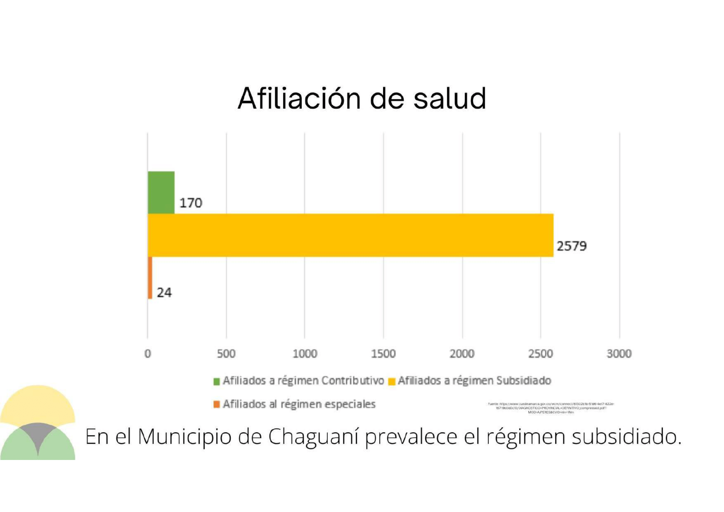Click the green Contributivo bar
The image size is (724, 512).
point(161,192)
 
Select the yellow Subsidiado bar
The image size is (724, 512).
point(350,235)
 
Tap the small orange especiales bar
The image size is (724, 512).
point(150,278)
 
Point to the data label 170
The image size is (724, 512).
point(191,203)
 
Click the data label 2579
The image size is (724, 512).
point(571,246)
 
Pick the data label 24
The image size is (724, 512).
point(164,293)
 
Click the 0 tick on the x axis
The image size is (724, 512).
point(148,354)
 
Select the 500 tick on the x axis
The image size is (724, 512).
point(226,354)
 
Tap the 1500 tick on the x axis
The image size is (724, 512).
point(383,354)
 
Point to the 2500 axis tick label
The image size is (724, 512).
point(540,354)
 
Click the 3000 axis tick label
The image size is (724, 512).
point(619,354)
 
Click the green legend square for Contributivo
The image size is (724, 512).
point(217,381)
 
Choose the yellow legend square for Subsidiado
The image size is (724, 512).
point(392,381)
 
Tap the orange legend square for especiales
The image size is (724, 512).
point(217,404)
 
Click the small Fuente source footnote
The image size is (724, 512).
point(551,408)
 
